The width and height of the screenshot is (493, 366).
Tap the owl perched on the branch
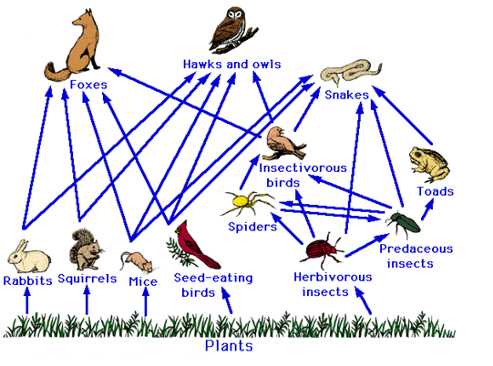click(233, 30)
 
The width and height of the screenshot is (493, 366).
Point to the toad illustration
click(429, 164)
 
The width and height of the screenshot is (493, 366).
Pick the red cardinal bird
click(192, 245)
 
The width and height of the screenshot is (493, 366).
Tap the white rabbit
click(29, 257)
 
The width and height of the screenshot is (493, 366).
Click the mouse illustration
click(137, 261)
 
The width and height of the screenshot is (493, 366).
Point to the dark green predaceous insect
click(405, 223)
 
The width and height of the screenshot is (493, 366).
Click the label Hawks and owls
click(232, 65)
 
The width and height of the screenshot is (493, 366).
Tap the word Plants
click(229, 346)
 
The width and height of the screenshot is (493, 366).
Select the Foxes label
click(88, 85)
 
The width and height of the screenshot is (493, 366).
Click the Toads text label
click(436, 191)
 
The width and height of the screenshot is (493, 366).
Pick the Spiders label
click(252, 227)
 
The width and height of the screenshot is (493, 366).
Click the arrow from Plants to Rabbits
click(27, 300)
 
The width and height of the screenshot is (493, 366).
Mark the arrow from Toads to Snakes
click(402, 116)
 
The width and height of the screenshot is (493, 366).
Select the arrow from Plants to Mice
click(145, 301)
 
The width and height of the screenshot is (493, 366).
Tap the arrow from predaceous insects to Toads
click(427, 208)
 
